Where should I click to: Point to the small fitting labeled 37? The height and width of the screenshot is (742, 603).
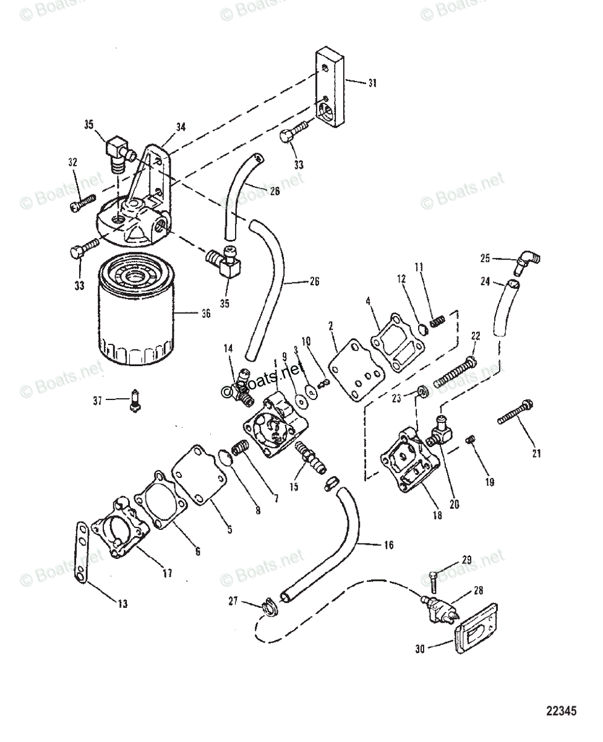134,400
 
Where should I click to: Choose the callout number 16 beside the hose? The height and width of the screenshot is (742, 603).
388,545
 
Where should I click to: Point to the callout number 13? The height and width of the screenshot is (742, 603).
123,603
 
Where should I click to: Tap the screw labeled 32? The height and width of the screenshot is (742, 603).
82,202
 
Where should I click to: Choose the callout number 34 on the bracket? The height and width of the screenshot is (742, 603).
180,127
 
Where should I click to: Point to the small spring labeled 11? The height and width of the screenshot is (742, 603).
438,322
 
